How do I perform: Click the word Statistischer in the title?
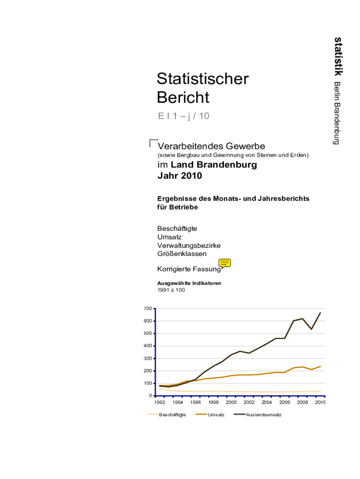pyautogui.click(x=203, y=79)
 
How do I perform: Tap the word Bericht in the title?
pyautogui.click(x=183, y=98)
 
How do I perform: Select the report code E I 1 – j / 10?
pyautogui.click(x=183, y=116)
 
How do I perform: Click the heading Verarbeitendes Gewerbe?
pyautogui.click(x=211, y=146)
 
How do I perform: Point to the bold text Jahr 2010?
pyautogui.click(x=180, y=176)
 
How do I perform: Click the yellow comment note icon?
pyautogui.click(x=225, y=263)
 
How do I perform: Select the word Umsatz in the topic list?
pyautogui.click(x=169, y=237)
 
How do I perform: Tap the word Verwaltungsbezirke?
pyautogui.click(x=189, y=245)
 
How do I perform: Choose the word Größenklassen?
pyautogui.click(x=182, y=254)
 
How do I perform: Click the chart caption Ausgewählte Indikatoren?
pyautogui.click(x=189, y=283)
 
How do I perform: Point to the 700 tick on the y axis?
pyautogui.click(x=148, y=309)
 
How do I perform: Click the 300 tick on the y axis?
pyautogui.click(x=148, y=358)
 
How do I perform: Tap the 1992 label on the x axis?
pyautogui.click(x=160, y=402)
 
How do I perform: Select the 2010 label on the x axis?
pyautogui.click(x=320, y=402)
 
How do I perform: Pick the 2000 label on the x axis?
pyautogui.click(x=231, y=402)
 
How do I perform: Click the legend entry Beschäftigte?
pyautogui.click(x=173, y=415)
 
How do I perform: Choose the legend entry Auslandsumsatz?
pyautogui.click(x=264, y=415)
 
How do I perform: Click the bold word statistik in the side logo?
pyautogui.click(x=338, y=56)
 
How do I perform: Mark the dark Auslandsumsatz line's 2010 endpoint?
pyautogui.click(x=320, y=312)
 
